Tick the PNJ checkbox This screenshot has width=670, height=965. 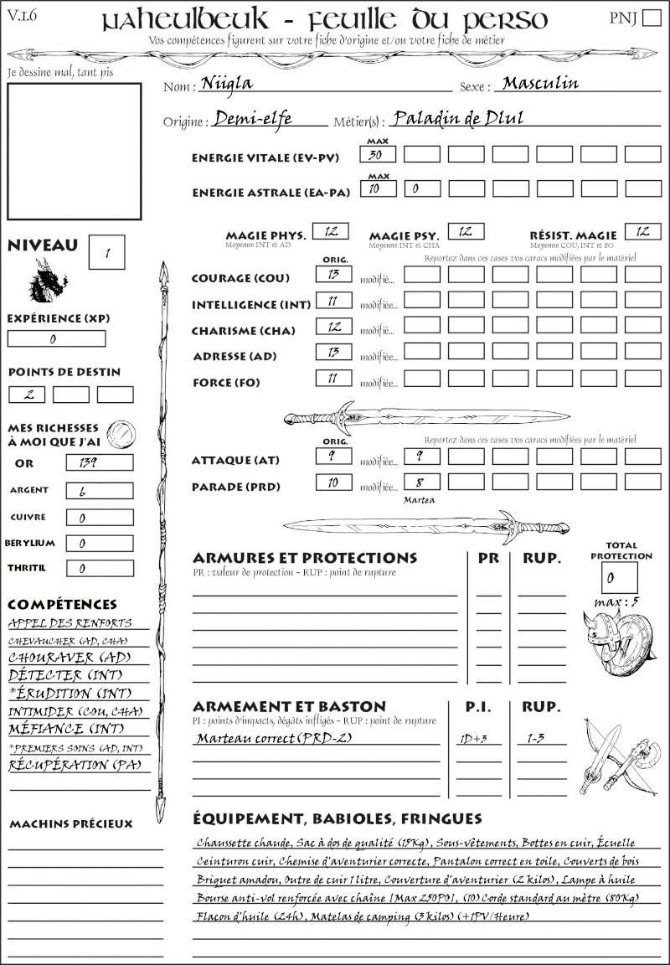coord(651,19)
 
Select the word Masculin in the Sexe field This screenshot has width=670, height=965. coord(540,84)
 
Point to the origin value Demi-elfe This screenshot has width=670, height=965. coord(253,119)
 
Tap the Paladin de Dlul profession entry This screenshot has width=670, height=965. coord(457,119)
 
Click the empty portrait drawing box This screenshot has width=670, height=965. coord(74,152)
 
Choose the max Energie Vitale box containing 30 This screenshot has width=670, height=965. coord(377,155)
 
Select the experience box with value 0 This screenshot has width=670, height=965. coord(56,338)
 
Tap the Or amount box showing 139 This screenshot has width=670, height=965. coord(99,462)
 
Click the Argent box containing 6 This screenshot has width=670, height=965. coord(99,490)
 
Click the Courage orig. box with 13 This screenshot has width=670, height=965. coord(332,275)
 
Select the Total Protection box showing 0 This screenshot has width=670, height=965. coord(619,577)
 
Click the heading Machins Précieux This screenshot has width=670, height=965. coord(70,823)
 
